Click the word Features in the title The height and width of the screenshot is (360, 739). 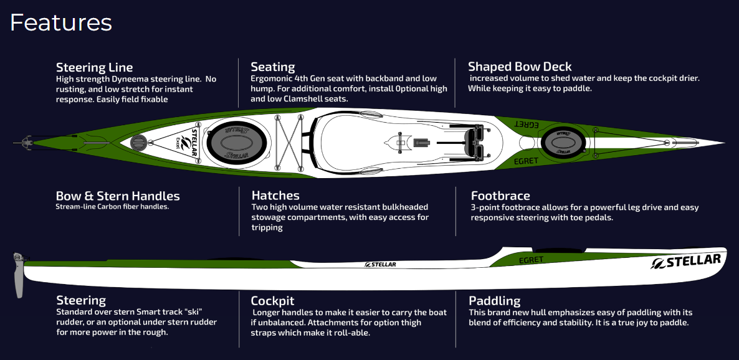(60, 22)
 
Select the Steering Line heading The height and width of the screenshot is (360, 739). (94, 67)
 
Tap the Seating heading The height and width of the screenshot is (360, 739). (272, 67)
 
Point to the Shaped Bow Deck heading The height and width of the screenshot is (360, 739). (520, 67)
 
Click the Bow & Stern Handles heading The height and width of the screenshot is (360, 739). (118, 196)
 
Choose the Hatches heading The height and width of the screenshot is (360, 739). (275, 196)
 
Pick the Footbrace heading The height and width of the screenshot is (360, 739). (500, 196)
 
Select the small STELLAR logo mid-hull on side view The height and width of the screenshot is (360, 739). (379, 264)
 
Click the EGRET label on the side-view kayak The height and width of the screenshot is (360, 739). (531, 259)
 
